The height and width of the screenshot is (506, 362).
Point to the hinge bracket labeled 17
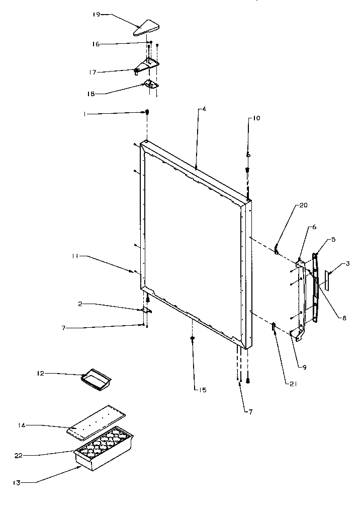[147, 65]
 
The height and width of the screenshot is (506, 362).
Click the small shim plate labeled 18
[151, 85]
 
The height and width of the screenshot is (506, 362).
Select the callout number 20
[303, 205]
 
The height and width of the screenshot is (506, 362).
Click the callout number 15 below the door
[202, 390]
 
